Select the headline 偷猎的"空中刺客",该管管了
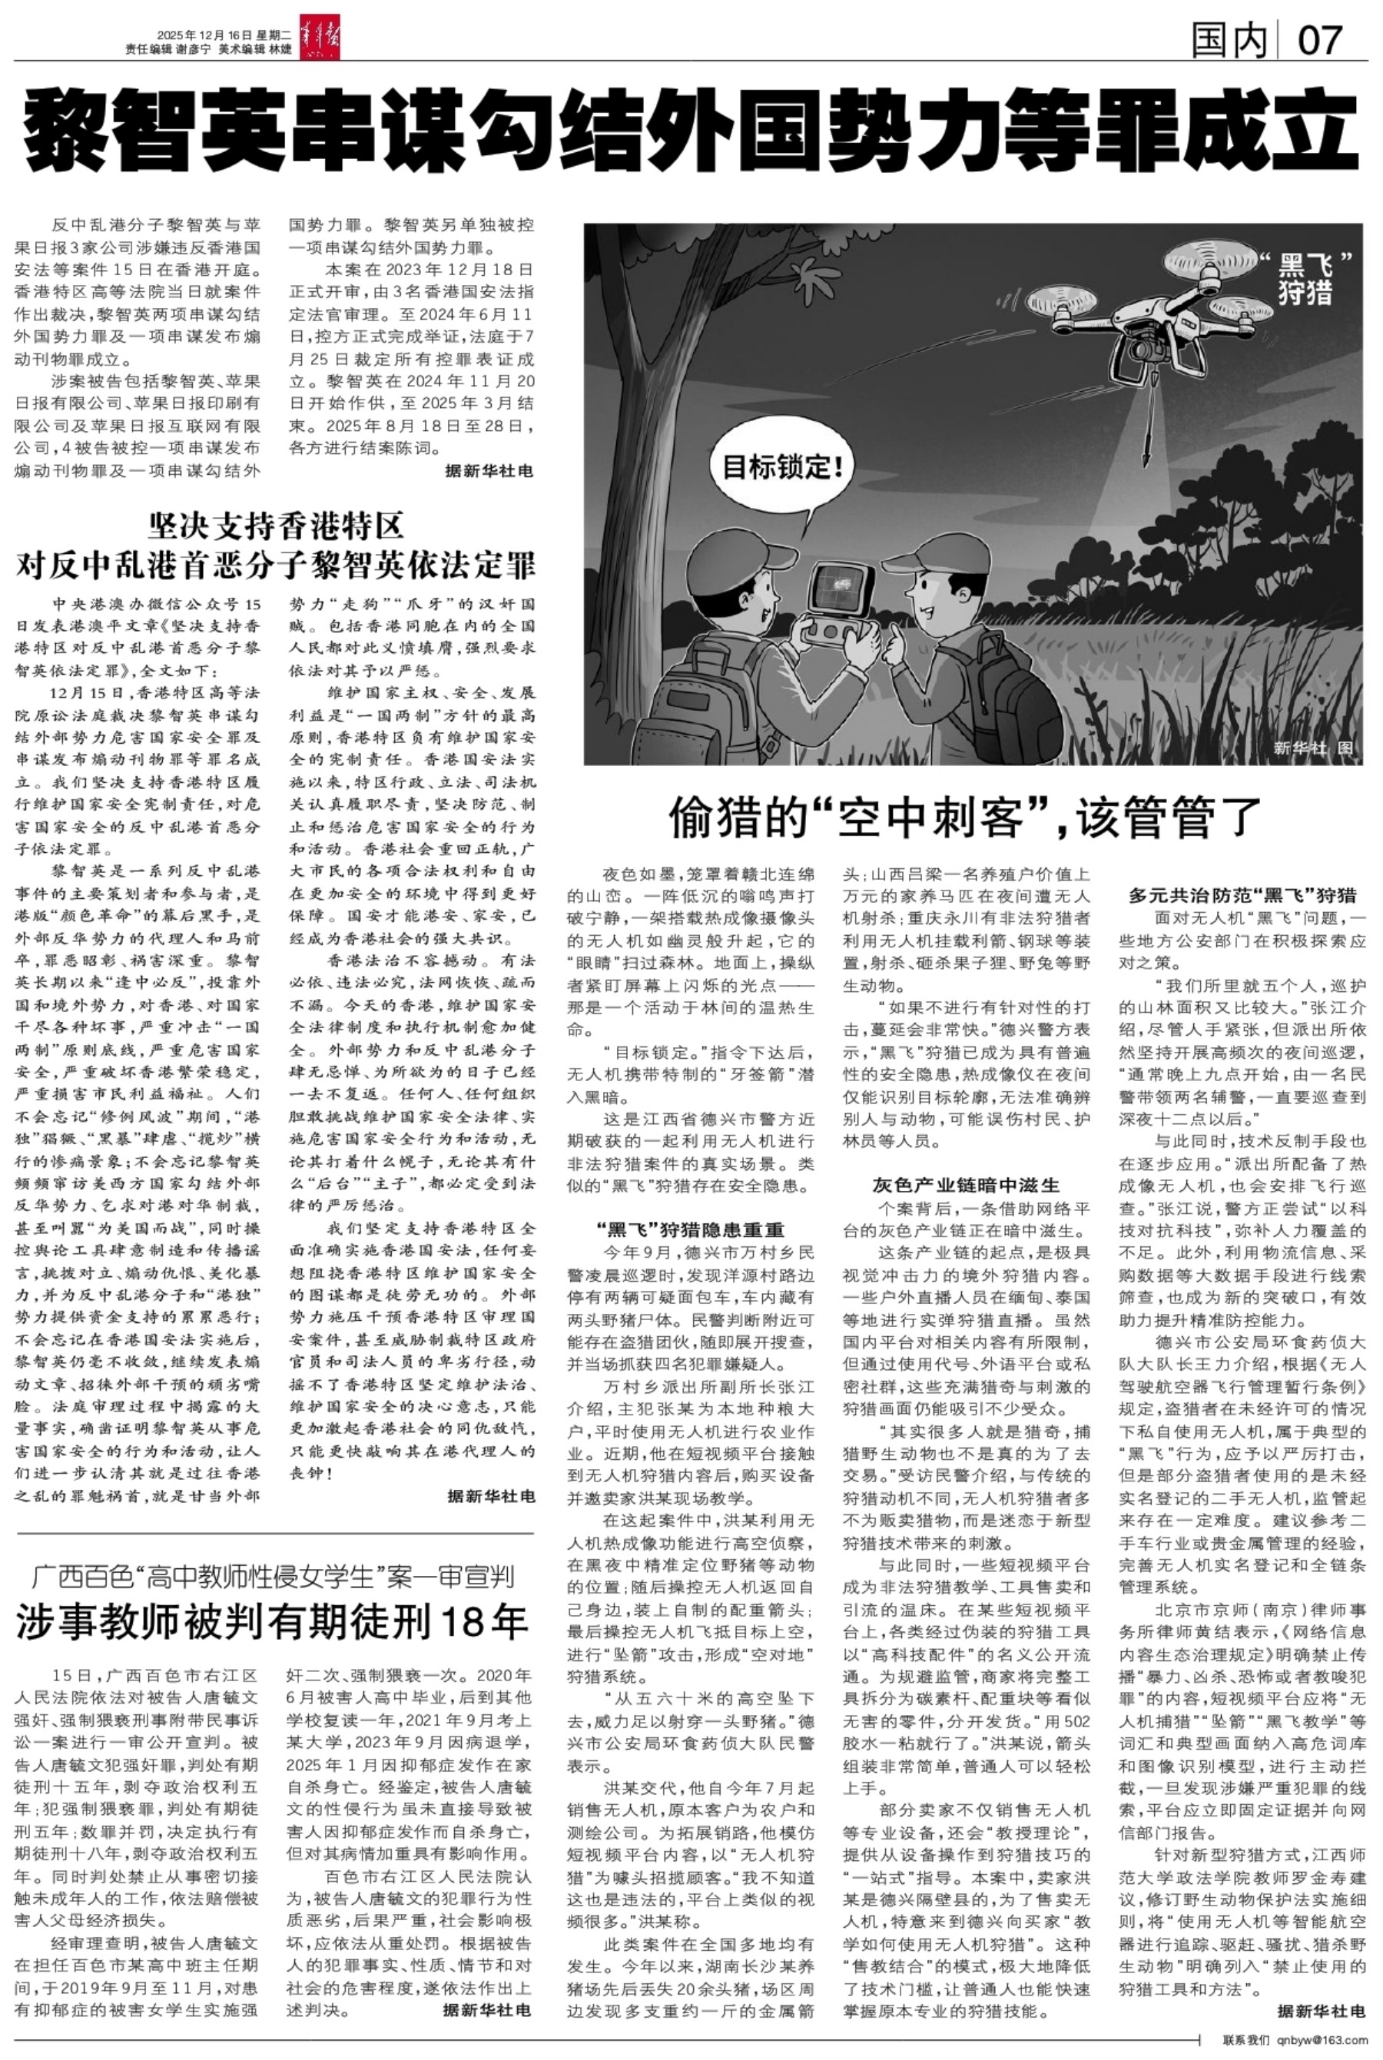point(966,816)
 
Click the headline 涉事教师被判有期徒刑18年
point(272,1620)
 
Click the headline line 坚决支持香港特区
point(275,526)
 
